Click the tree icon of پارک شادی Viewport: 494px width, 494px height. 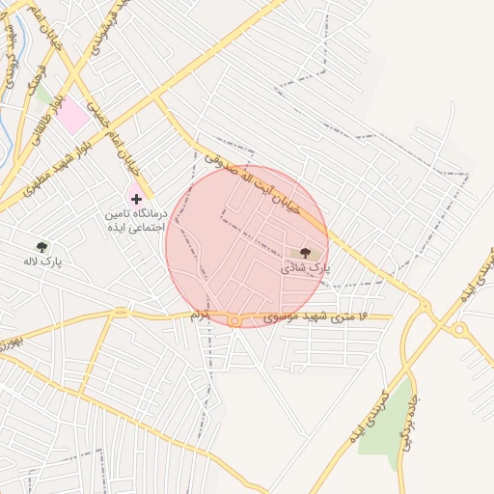pyautogui.click(x=306, y=252)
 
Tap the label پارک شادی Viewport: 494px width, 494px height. pyautogui.click(x=306, y=266)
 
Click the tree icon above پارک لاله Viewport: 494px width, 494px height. pyautogui.click(x=41, y=247)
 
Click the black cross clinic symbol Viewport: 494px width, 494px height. pyautogui.click(x=136, y=198)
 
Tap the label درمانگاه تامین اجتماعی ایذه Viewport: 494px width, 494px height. pyautogui.click(x=136, y=218)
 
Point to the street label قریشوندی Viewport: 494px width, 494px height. pyautogui.click(x=97, y=39)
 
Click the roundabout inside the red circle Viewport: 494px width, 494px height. pyautogui.click(x=233, y=319)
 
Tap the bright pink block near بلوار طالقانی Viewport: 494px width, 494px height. pyautogui.click(x=70, y=117)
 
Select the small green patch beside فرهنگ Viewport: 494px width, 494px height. pyautogui.click(x=43, y=95)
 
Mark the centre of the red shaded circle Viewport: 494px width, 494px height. pyautogui.click(x=247, y=245)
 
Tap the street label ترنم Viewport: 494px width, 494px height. pyautogui.click(x=200, y=316)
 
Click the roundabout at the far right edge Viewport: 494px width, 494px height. pyautogui.click(x=460, y=330)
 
